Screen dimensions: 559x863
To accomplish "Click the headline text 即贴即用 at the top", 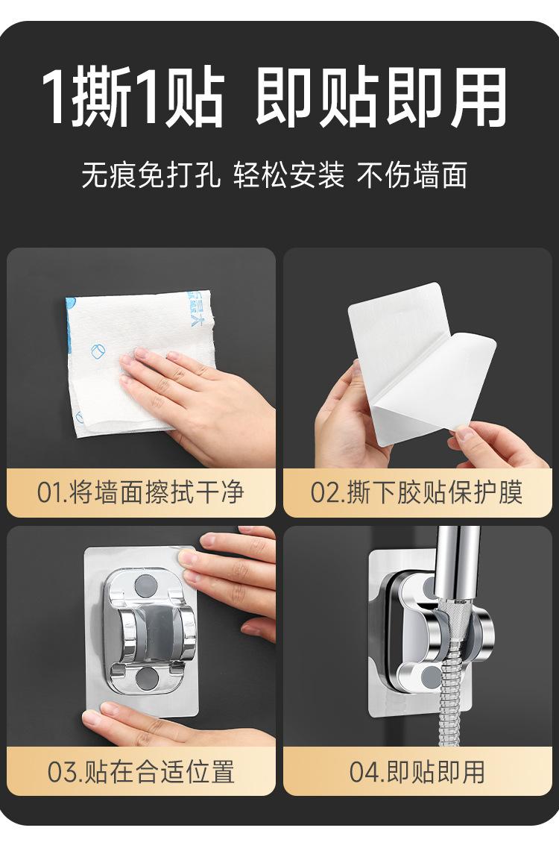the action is click(381, 98).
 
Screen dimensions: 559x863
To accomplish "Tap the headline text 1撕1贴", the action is click(133, 98).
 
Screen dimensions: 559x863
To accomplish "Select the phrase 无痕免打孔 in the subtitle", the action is click(151, 175).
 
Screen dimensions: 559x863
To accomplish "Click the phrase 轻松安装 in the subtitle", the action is click(289, 175).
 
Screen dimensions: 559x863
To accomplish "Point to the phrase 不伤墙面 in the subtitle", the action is click(413, 175).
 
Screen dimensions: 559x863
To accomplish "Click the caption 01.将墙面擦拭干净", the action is click(140, 492).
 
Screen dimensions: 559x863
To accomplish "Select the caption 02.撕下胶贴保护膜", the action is click(417, 492).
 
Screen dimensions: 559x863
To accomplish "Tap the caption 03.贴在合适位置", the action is click(141, 771).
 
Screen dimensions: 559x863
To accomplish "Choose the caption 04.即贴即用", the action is click(417, 771).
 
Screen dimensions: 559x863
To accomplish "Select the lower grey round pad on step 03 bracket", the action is click(147, 678).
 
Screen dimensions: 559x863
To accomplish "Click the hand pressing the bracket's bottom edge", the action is click(165, 726).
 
